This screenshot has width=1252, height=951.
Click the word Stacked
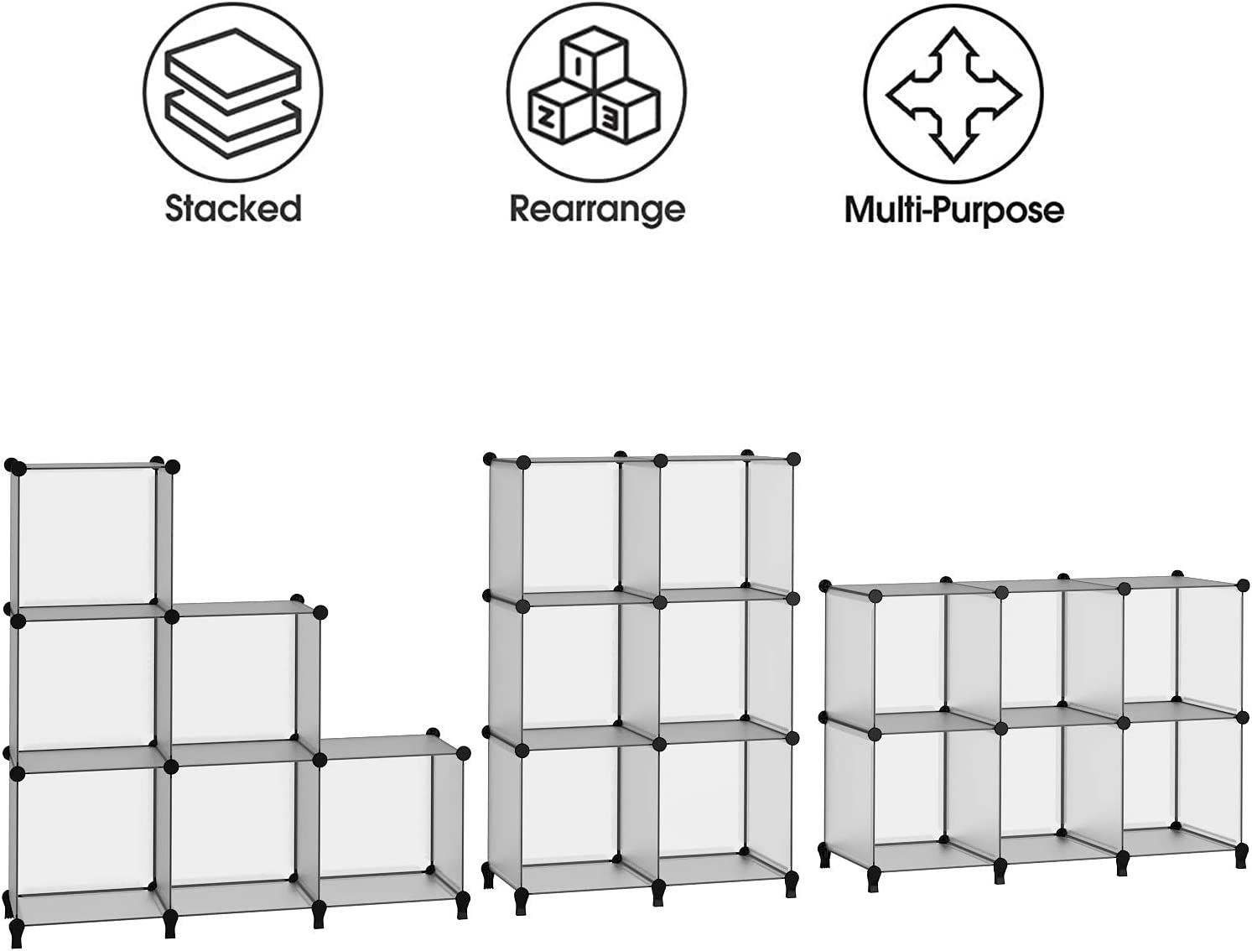(233, 208)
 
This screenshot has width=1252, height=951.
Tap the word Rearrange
(596, 210)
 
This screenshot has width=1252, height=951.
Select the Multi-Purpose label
(954, 210)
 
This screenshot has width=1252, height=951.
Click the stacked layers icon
(233, 92)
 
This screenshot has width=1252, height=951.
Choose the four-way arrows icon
(953, 96)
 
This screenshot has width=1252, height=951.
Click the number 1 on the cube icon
(579, 68)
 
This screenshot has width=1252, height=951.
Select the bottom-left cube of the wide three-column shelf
(906, 799)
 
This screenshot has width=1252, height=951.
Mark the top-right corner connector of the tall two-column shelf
(792, 459)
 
